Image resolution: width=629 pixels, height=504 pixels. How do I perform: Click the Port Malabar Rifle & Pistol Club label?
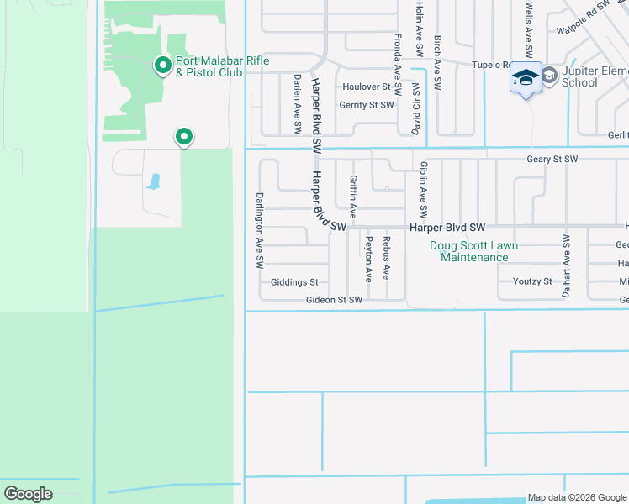[209, 66]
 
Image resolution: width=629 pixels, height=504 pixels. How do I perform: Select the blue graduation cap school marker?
[526, 78]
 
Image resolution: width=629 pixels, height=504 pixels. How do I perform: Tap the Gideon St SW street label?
[334, 299]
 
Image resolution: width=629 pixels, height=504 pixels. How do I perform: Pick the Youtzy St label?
[531, 281]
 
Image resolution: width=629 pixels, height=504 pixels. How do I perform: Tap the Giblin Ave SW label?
[424, 188]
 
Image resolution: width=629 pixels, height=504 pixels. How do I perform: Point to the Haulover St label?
[367, 87]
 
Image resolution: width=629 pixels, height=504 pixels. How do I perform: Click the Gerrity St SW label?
[366, 105]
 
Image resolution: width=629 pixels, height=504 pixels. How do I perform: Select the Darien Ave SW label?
[297, 103]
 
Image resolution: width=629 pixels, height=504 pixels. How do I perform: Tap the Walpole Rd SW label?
[584, 20]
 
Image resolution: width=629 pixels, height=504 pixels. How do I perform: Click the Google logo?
[28, 494]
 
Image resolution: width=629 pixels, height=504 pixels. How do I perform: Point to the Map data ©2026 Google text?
[576, 497]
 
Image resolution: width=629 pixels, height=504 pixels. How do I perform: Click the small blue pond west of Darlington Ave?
[153, 181]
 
